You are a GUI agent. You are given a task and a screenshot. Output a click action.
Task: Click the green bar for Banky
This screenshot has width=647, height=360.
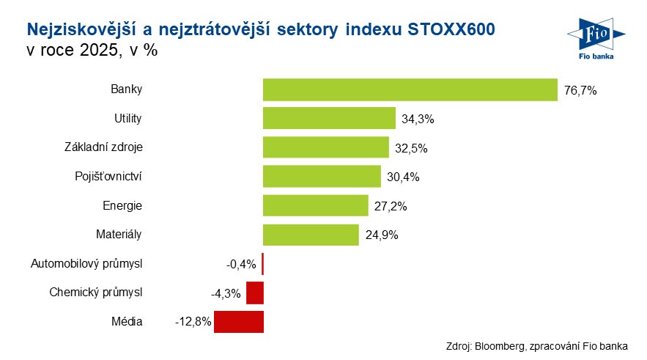(410, 89)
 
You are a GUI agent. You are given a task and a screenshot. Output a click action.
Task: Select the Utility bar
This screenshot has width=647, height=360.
(329, 118)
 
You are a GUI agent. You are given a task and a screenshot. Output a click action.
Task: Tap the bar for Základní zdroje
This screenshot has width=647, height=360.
(325, 147)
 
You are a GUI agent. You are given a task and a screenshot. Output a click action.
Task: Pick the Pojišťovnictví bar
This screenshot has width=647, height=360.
(322, 177)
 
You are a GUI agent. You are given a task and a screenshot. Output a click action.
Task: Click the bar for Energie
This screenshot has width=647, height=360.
(315, 205)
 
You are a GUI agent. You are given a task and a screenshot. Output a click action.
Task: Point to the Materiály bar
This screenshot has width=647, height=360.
(311, 235)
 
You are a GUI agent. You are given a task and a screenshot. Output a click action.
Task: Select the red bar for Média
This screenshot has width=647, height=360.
(238, 321)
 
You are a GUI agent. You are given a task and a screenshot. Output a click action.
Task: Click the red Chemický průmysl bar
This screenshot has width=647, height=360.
(254, 293)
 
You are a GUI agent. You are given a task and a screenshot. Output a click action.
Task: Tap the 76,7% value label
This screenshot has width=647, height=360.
(581, 90)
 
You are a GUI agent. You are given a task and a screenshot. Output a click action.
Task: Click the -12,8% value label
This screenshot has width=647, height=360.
(193, 322)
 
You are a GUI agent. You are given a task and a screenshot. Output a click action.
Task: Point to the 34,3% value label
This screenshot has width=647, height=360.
(418, 119)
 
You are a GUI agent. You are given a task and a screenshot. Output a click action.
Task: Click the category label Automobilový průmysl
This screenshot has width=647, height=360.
(86, 263)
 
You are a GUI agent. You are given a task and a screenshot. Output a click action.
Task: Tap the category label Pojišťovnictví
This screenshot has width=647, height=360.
(108, 177)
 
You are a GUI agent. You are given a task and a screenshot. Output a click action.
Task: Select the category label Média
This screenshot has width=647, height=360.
(127, 321)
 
